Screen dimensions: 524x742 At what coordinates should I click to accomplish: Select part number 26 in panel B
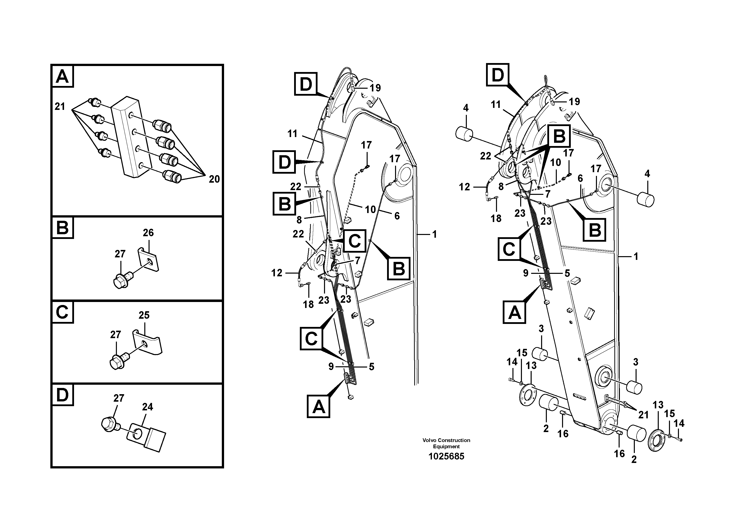148,233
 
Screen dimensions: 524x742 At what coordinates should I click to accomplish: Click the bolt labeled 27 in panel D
110,424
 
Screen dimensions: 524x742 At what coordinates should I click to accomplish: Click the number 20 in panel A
214,179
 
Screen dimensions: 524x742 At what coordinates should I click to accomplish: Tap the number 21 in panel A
60,106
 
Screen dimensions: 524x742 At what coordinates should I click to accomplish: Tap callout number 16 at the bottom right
619,453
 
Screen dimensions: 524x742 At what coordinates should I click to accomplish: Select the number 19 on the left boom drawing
375,88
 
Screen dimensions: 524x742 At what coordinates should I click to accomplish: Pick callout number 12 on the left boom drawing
277,273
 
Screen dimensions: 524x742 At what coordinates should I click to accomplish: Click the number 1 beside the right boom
636,256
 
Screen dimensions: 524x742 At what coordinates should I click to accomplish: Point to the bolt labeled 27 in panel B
122,280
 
